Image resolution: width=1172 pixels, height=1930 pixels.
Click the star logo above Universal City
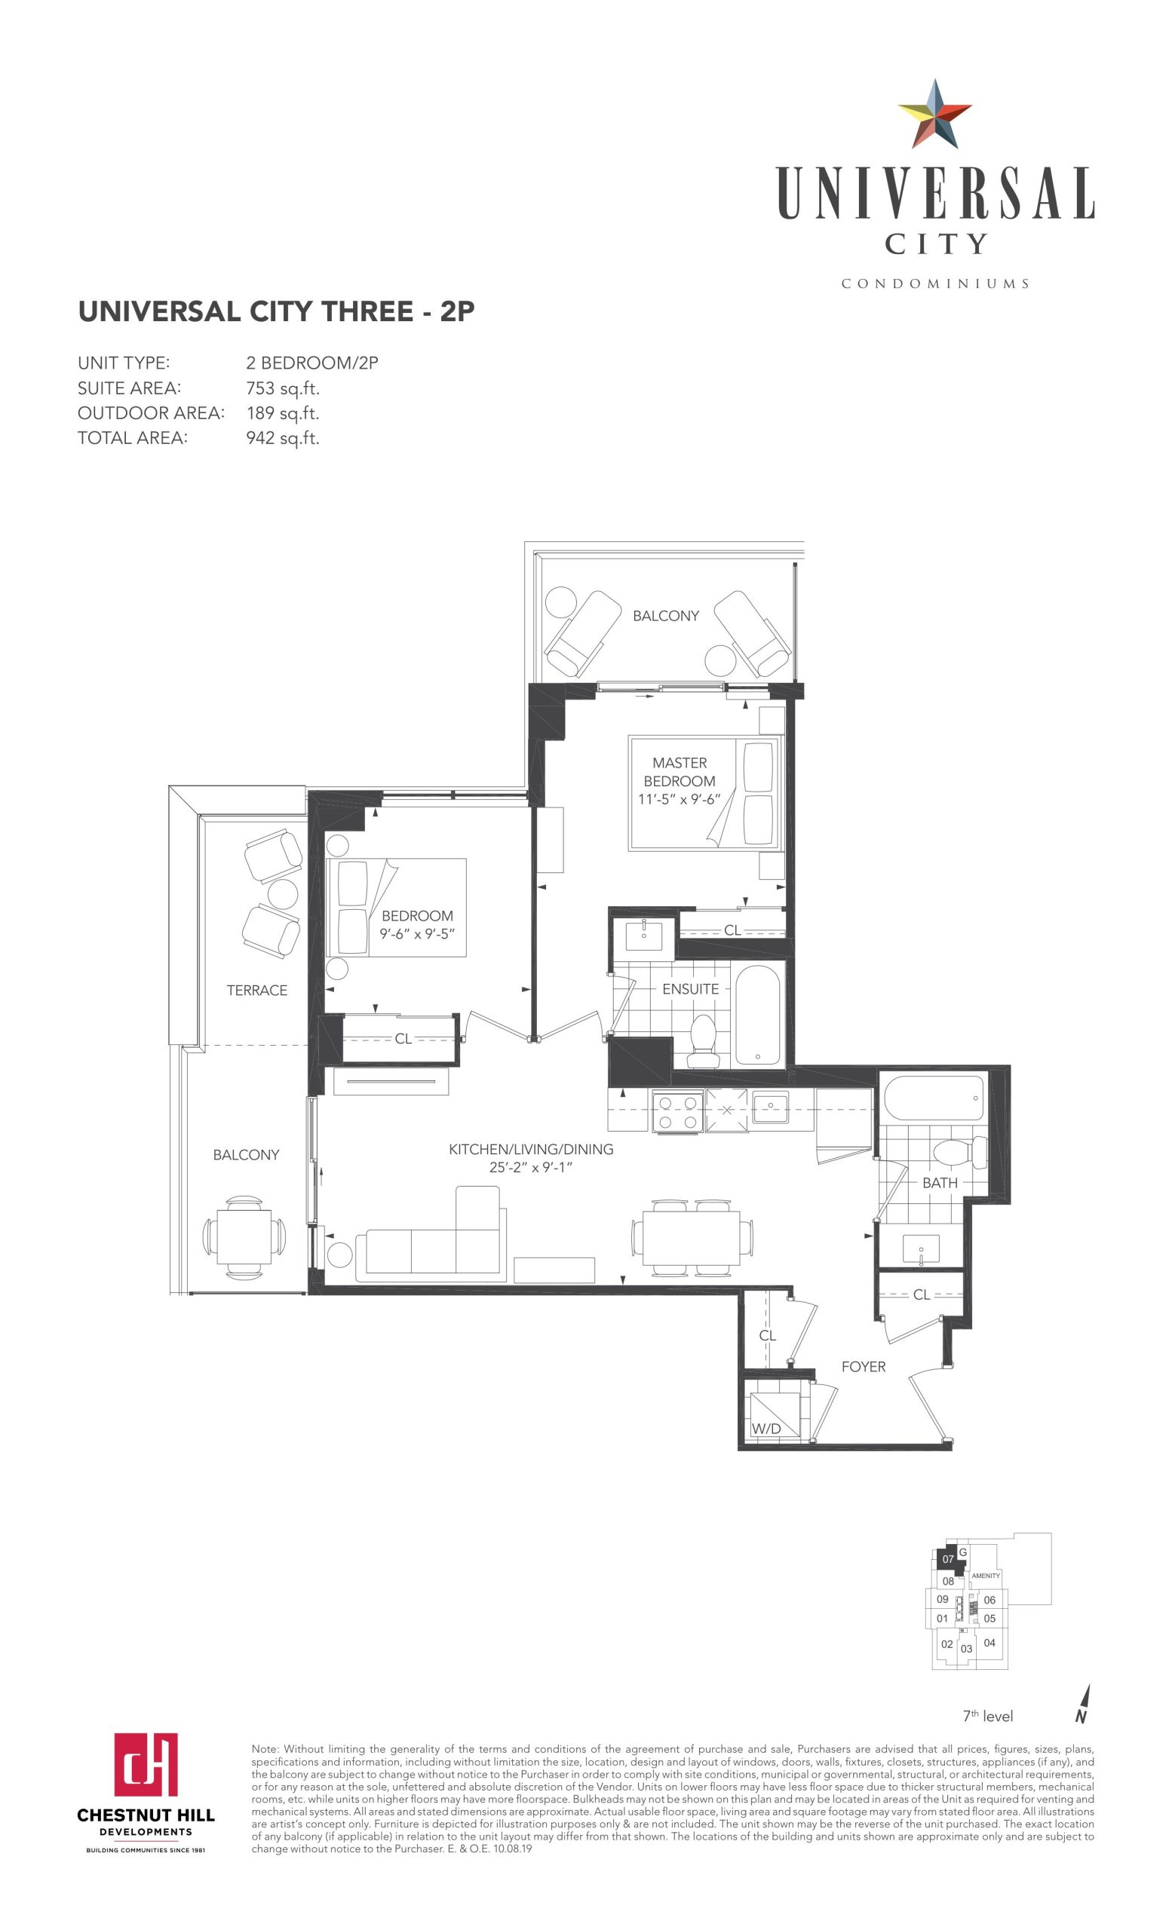point(934,115)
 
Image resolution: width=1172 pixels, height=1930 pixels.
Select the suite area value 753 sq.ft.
point(283,388)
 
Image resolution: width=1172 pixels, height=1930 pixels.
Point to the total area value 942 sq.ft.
point(283,438)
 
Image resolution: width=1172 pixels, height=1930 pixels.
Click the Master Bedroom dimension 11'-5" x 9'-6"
point(679,800)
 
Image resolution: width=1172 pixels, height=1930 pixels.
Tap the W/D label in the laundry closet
point(766,1429)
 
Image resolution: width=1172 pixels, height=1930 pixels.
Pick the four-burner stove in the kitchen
point(679,1111)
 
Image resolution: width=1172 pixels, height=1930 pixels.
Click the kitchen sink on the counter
point(770,1107)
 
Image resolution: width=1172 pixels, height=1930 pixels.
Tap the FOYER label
point(864,1367)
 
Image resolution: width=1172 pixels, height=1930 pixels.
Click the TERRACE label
point(257,990)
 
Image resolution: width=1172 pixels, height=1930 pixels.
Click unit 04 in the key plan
point(989,1643)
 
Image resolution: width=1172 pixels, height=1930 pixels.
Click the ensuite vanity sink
point(644,936)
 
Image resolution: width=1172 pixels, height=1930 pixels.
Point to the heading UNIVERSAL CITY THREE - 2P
point(277,312)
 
